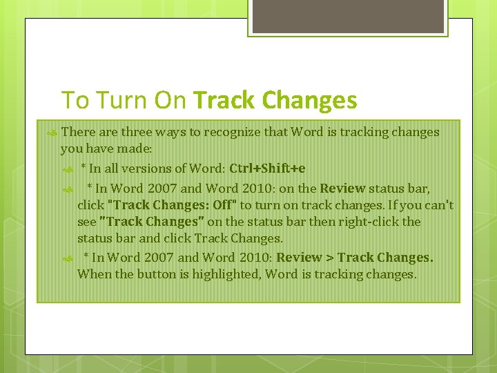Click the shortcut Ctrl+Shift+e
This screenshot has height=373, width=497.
pos(267,169)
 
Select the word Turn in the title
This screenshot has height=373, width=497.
pos(121,101)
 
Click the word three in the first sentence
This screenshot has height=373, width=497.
pos(135,132)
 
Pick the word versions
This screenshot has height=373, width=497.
pos(144,169)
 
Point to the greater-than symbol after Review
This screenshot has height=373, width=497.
pos(329,257)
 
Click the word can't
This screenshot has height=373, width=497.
pos(439,205)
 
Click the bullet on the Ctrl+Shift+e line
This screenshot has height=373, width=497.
pos(67,169)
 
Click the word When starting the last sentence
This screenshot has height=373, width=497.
pos(92,274)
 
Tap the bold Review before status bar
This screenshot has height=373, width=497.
pos(342,188)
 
